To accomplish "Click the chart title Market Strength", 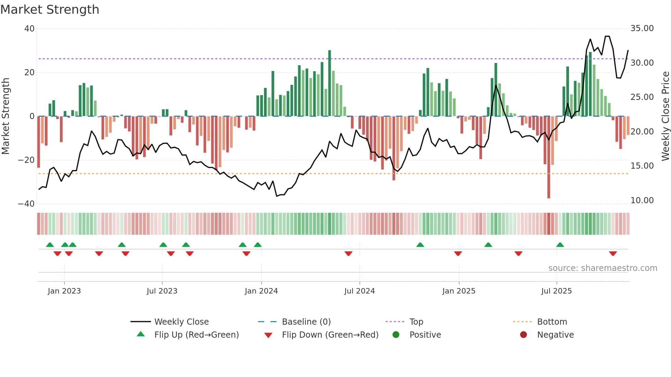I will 50,10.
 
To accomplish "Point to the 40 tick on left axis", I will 29,29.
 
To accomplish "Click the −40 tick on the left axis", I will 26,204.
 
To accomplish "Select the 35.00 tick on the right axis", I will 642,28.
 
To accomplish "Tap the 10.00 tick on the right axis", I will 642,200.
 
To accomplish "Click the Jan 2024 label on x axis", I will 261,291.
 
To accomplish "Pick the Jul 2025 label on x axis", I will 556,291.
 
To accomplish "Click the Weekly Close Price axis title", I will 665,116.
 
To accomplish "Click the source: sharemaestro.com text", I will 603,268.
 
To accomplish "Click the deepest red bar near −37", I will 549,157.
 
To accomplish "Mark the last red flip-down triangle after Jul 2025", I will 613,253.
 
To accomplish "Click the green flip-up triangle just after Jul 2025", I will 560,245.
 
